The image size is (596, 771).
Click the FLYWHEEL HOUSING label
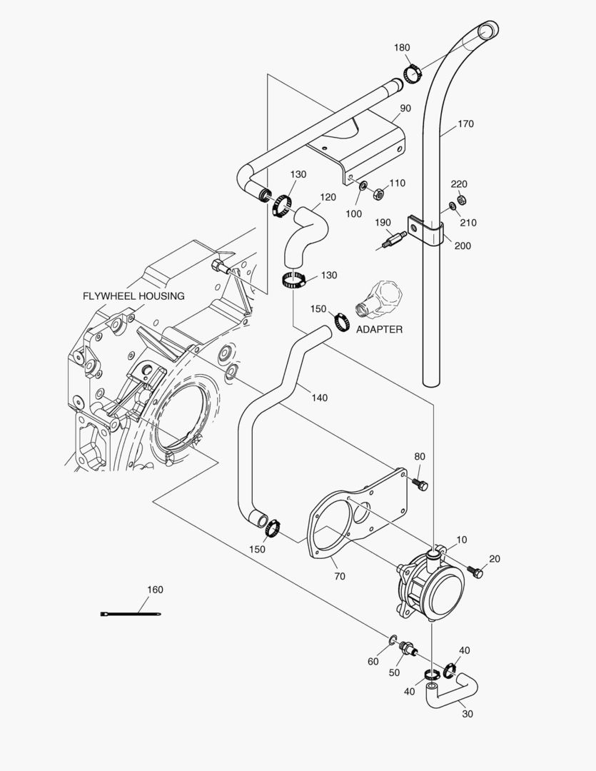point(133,296)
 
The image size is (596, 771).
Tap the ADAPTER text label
point(379,330)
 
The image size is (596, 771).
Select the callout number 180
point(402,48)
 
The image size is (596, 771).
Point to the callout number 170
point(465,124)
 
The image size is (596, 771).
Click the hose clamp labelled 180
point(411,74)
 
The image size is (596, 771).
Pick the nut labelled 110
point(380,192)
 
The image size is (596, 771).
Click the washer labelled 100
point(363,186)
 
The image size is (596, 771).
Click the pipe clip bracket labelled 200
point(426,230)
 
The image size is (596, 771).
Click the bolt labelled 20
point(476,572)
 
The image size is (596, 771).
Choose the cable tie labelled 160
point(131,614)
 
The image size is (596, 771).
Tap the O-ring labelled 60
point(394,638)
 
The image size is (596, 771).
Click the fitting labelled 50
point(410,647)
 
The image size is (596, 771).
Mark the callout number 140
point(319,398)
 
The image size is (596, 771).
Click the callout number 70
point(339,576)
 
